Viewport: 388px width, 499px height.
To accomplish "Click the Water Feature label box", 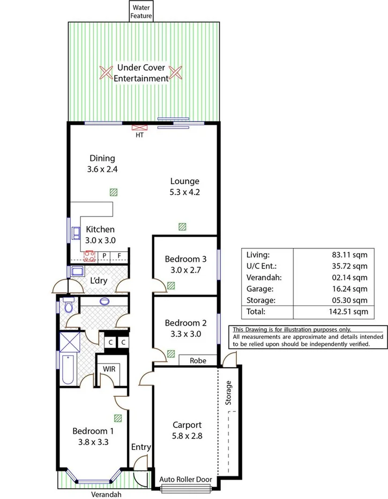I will pyautogui.click(x=141, y=11).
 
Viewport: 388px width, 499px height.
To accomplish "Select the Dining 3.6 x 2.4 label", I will pyautogui.click(x=102, y=163).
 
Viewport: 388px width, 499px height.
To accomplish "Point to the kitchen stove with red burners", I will pyautogui.click(x=89, y=256).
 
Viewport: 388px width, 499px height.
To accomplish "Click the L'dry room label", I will pyautogui.click(x=98, y=281).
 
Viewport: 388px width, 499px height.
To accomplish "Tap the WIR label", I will pyautogui.click(x=109, y=369).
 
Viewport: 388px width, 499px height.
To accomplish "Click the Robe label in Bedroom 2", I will pyautogui.click(x=198, y=361).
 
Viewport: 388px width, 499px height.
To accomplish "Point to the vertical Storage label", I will pyautogui.click(x=229, y=392).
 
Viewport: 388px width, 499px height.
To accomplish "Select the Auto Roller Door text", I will pyautogui.click(x=186, y=480).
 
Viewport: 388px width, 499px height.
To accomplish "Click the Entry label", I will pyautogui.click(x=141, y=447).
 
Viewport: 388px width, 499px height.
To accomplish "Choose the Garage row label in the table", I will pyautogui.click(x=257, y=289).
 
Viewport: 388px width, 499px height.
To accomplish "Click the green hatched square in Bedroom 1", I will pyautogui.click(x=117, y=418).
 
